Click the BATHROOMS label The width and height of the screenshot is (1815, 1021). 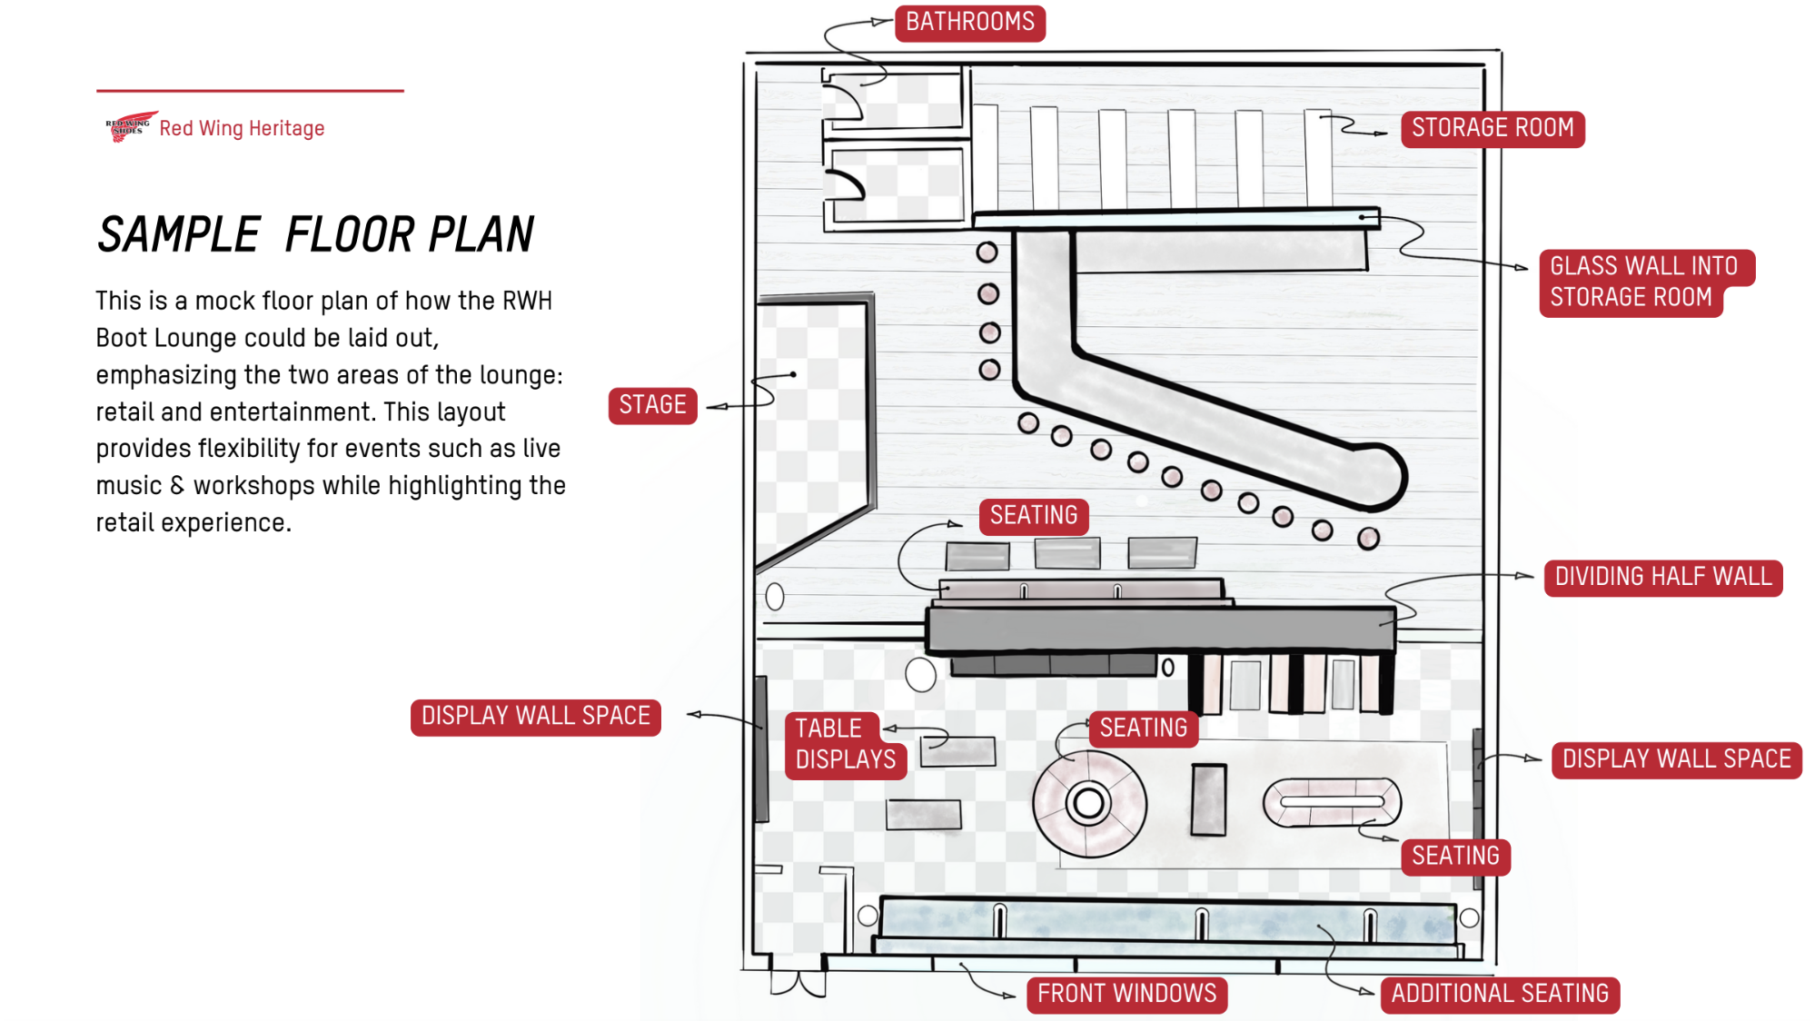(x=969, y=23)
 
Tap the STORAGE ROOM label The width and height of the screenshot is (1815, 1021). (x=1492, y=128)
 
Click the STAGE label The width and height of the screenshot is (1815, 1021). (x=652, y=405)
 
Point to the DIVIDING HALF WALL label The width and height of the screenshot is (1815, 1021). (x=1662, y=578)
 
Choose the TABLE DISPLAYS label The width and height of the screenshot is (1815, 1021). (x=844, y=745)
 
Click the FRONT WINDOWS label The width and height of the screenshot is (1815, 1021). (x=1126, y=994)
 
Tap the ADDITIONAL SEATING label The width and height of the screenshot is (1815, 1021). (x=1499, y=994)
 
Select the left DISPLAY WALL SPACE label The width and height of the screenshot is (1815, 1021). (x=535, y=717)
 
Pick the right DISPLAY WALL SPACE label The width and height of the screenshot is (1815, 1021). (x=1676, y=759)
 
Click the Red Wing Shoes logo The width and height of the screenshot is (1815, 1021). (x=129, y=127)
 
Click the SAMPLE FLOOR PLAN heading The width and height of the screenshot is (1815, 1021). (x=315, y=235)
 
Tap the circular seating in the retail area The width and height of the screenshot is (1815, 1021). (x=1088, y=803)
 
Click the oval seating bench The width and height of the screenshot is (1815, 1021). (x=1332, y=802)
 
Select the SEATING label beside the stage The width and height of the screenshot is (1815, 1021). (x=1033, y=516)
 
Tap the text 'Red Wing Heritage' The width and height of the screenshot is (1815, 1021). (x=242, y=129)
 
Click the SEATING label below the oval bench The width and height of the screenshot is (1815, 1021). (x=1454, y=857)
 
